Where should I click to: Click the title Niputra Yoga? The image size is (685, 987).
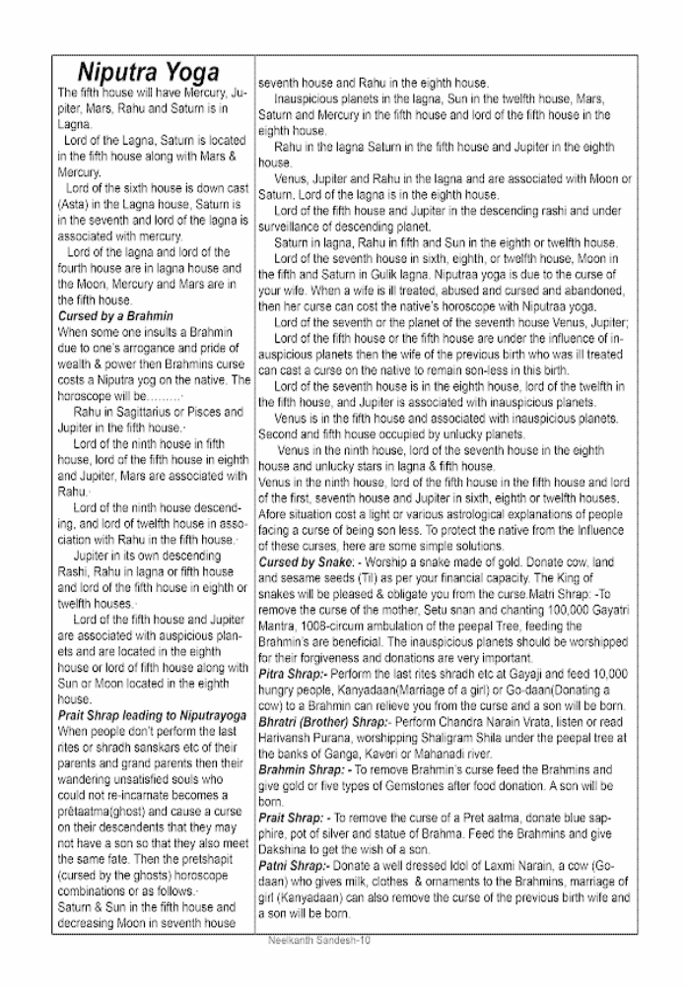tap(149, 74)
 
